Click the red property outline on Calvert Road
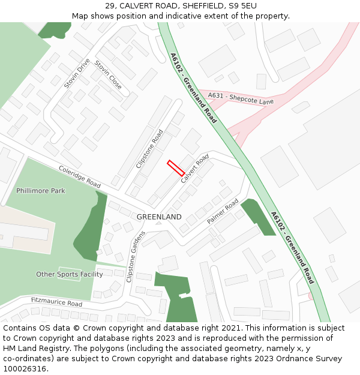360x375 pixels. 176,168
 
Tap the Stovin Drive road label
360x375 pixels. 77,73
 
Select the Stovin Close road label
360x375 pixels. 108,75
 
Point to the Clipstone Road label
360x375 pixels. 149,148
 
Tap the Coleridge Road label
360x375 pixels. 80,177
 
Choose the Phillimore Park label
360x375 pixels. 41,191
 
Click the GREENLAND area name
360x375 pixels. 159,217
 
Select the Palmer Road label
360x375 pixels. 223,211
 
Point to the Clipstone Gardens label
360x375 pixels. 136,256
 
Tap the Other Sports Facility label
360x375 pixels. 70,274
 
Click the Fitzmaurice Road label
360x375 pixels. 56,303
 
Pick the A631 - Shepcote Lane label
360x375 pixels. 241,98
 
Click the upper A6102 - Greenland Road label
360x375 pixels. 193,88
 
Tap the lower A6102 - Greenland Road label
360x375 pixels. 292,247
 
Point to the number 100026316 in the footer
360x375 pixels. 25,369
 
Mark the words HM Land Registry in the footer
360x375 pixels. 31,349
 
